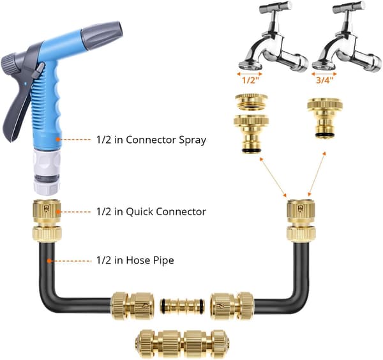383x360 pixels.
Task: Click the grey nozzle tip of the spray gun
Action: coord(102,34)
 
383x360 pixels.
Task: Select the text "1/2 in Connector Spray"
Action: coord(151,140)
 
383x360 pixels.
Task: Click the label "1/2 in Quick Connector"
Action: coord(151,211)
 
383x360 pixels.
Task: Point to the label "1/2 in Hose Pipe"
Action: coord(135,260)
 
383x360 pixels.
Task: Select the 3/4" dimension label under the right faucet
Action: coord(324,80)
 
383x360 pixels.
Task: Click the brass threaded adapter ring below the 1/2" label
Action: coord(251,102)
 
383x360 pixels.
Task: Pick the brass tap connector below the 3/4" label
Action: coord(325,118)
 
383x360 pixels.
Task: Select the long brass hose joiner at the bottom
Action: coord(182,341)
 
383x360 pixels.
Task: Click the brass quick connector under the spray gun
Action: coord(47,221)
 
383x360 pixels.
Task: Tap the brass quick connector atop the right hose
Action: coord(301,221)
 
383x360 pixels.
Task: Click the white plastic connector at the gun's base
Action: coord(47,172)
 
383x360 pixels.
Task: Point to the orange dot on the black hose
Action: coord(49,261)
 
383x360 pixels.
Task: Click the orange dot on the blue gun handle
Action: coord(57,139)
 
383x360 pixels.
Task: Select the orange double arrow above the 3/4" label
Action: coord(324,73)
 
